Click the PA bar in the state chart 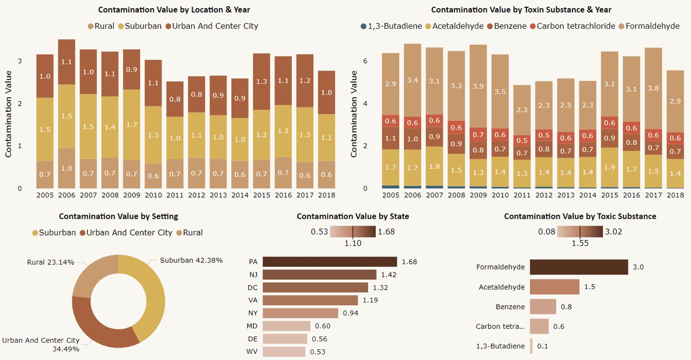pyautogui.click(x=330, y=262)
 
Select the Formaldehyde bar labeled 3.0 pyautogui.click(x=579, y=267)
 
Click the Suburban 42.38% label pyautogui.click(x=191, y=260)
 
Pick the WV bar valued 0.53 pyautogui.click(x=284, y=352)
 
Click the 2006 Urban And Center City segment pyautogui.click(x=67, y=62)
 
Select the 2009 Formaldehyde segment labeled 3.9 pyautogui.click(x=478, y=86)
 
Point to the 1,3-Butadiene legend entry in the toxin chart pyautogui.click(x=391, y=26)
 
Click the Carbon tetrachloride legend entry pyautogui.click(x=572, y=26)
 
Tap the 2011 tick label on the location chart pyautogui.click(x=175, y=195)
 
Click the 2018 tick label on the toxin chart pyautogui.click(x=675, y=195)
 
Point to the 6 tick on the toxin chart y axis pyautogui.click(x=365, y=61)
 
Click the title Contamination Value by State pyautogui.click(x=353, y=216)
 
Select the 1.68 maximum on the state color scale pyautogui.click(x=386, y=232)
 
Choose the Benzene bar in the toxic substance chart pyautogui.click(x=543, y=307)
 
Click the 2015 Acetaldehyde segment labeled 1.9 pyautogui.click(x=609, y=168)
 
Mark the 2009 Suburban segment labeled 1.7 pyautogui.click(x=131, y=125)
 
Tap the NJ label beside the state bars pyautogui.click(x=253, y=275)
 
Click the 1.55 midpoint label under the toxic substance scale pyautogui.click(x=580, y=243)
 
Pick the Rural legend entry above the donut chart pyautogui.click(x=190, y=233)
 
